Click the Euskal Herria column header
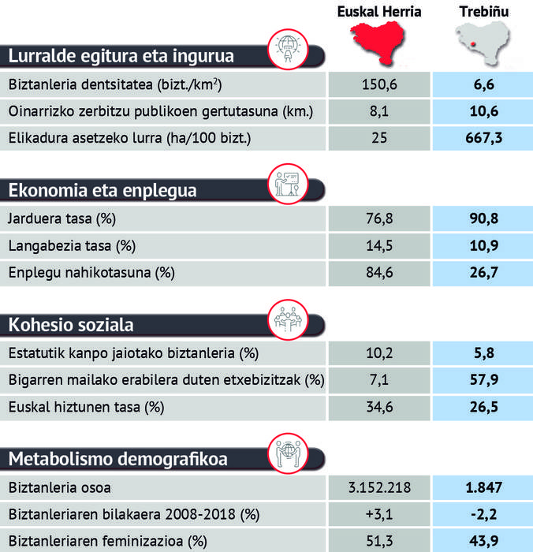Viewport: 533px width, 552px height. pyautogui.click(x=378, y=11)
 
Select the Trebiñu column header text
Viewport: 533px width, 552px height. pyautogui.click(x=483, y=11)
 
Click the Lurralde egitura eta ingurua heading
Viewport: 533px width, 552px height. pyautogui.click(x=121, y=56)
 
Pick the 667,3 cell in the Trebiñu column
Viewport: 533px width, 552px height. pyautogui.click(x=483, y=137)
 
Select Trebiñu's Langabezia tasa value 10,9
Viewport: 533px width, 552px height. pyautogui.click(x=483, y=246)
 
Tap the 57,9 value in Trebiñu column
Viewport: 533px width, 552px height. pyautogui.click(x=483, y=380)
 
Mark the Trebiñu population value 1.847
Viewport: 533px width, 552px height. pyautogui.click(x=483, y=487)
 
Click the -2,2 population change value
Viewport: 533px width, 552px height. pyautogui.click(x=483, y=514)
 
